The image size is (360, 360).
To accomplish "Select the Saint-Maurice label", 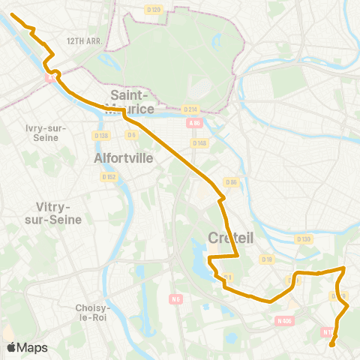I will (132, 101).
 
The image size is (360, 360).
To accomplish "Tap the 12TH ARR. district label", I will (83, 41).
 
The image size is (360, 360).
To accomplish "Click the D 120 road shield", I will (153, 9).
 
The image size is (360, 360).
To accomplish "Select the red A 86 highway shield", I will (195, 124).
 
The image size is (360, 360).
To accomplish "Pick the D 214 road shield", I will (190, 109).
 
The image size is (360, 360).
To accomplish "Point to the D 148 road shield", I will (199, 142).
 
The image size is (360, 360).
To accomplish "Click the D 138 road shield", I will (101, 135).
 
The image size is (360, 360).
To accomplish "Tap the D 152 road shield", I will (109, 177).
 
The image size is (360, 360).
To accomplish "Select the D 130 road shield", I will (303, 239).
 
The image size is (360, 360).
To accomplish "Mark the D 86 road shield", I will (231, 182).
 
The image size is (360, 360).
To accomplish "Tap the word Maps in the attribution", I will (32, 347).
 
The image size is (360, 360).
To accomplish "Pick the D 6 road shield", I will (131, 135).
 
